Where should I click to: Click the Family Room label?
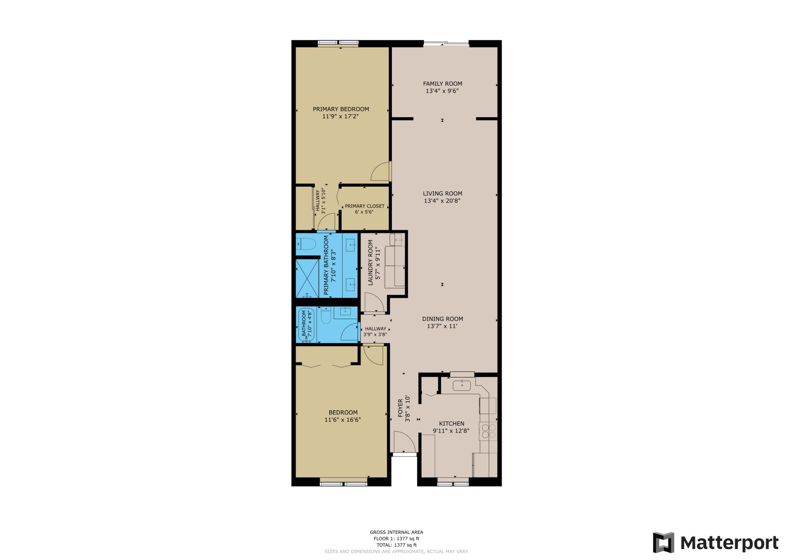tap(442, 84)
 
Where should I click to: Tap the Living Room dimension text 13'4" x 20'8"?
tap(442, 201)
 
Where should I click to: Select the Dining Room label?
tap(442, 319)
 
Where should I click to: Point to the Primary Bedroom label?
tap(341, 109)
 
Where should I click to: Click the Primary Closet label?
tap(365, 206)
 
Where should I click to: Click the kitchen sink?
tap(462, 385)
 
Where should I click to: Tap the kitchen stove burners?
tap(489, 431)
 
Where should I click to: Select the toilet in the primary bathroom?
tap(305, 245)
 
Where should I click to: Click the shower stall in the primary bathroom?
tap(307, 278)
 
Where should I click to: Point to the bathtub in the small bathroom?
tap(307, 325)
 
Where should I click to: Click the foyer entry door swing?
tap(404, 441)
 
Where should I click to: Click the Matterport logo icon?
tap(663, 542)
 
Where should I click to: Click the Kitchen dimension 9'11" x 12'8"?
tap(451, 431)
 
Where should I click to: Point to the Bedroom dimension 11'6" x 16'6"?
tap(343, 420)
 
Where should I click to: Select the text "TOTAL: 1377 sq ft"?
tap(396, 545)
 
